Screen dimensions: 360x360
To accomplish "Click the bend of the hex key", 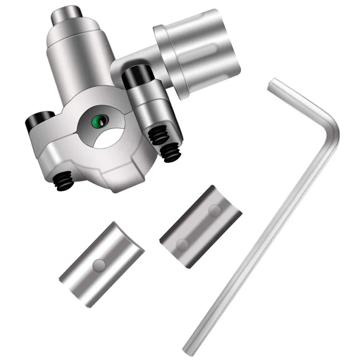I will tap(333, 129).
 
